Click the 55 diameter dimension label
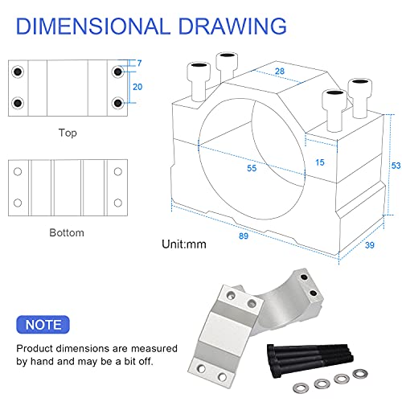point(252,168)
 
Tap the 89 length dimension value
point(244,236)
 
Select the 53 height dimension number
point(396,166)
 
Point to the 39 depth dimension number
point(370,245)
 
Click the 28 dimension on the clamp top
point(280,71)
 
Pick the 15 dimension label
point(320,162)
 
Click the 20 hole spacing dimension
point(137,87)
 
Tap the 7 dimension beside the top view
point(139,64)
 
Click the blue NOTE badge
point(43,325)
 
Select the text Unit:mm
point(184,244)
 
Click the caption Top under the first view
point(68,133)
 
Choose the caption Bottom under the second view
point(67,232)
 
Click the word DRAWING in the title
point(232,26)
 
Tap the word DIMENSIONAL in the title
point(93,26)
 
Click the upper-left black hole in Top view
point(18,72)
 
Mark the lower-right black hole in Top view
point(118,103)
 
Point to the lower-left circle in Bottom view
point(18,203)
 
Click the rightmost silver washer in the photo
point(360,374)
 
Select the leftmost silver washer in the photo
point(301,388)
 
